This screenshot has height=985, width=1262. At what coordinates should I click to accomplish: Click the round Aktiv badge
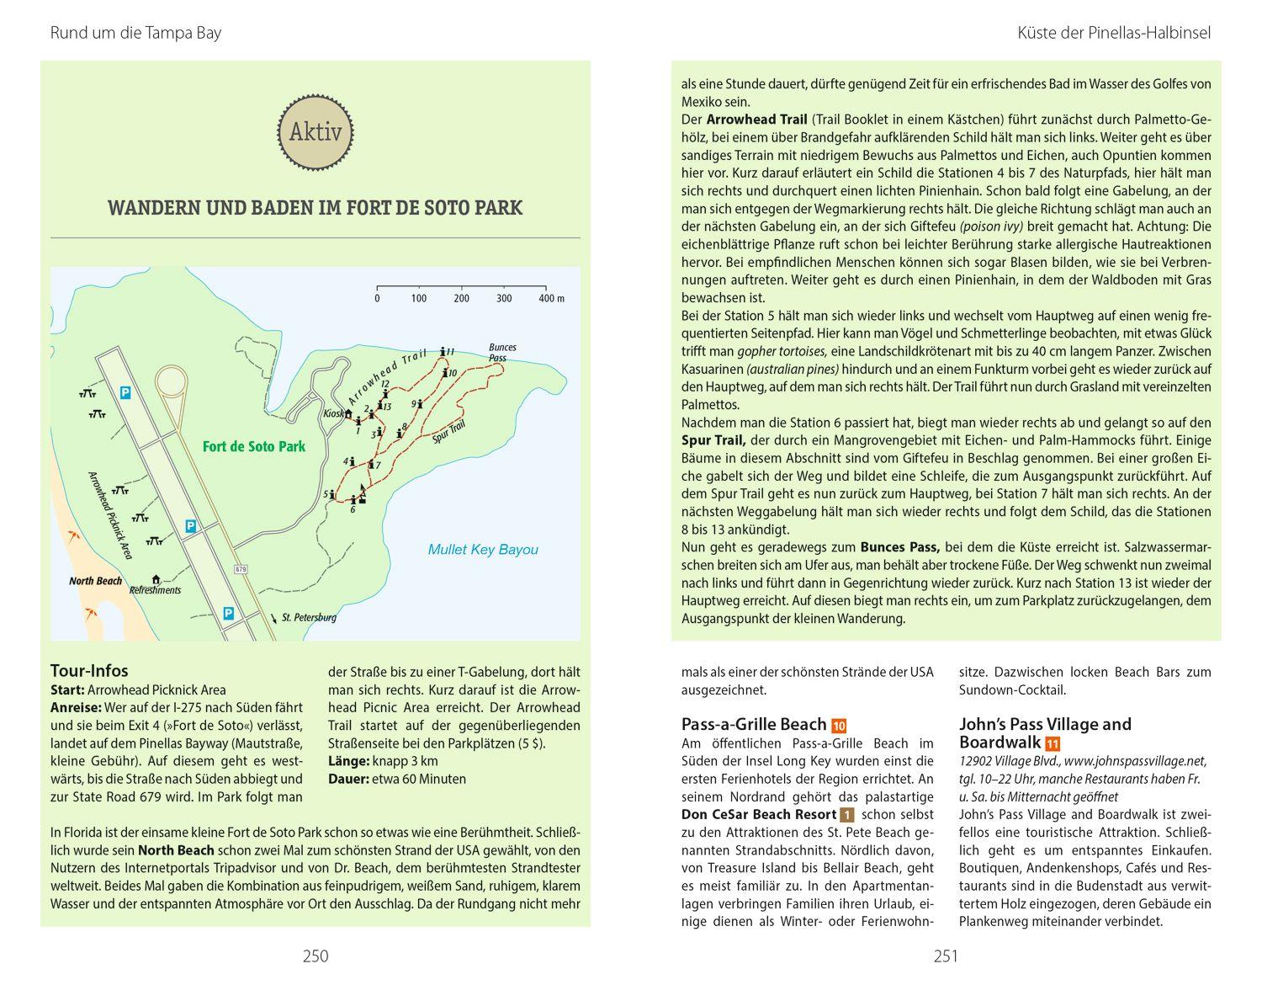(315, 131)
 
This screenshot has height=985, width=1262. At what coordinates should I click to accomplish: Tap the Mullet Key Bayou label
(483, 550)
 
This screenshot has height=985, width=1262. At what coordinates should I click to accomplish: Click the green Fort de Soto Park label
(253, 446)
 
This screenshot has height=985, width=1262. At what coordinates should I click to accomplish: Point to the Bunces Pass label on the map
(502, 352)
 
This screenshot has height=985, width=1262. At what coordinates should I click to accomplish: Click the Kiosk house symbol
(348, 413)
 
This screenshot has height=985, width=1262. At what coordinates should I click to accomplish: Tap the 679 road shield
(241, 570)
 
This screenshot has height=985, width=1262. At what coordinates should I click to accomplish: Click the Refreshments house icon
(156, 579)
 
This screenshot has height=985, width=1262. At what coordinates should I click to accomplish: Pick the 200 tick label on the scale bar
(461, 298)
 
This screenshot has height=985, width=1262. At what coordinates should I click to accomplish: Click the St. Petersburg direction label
(308, 617)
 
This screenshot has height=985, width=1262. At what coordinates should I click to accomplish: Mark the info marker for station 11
(443, 351)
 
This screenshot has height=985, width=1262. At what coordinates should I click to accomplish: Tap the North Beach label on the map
(95, 581)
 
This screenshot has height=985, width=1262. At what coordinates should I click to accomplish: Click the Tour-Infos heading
(89, 671)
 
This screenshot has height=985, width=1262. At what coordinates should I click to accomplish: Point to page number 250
(315, 956)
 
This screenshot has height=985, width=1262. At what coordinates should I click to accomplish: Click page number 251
(946, 956)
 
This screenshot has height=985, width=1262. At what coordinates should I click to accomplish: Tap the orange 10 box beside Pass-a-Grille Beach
(838, 726)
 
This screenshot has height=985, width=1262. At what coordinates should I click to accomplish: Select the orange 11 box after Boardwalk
(1053, 743)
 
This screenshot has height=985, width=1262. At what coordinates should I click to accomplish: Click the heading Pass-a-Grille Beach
(753, 724)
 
